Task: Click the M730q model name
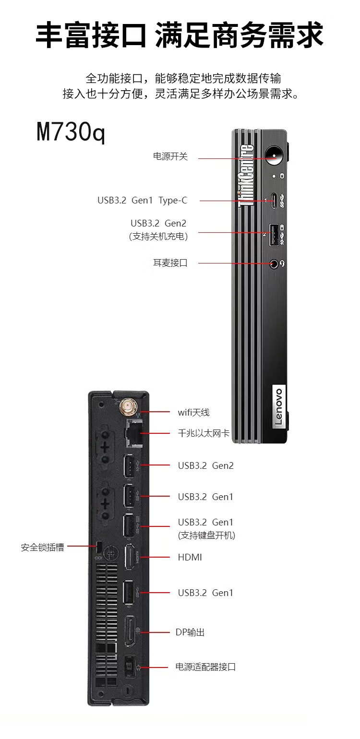click(71, 132)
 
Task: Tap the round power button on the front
click(275, 155)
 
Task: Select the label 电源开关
click(170, 157)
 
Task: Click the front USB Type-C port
click(274, 200)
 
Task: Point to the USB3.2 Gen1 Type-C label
click(143, 200)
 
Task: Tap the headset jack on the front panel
click(274, 263)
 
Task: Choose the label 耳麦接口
click(170, 263)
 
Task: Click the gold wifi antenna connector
click(128, 408)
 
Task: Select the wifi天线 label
click(194, 412)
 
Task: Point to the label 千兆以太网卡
click(204, 434)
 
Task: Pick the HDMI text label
click(190, 557)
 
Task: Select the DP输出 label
click(190, 632)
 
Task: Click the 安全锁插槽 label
click(42, 547)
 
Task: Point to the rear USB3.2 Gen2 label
click(206, 465)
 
